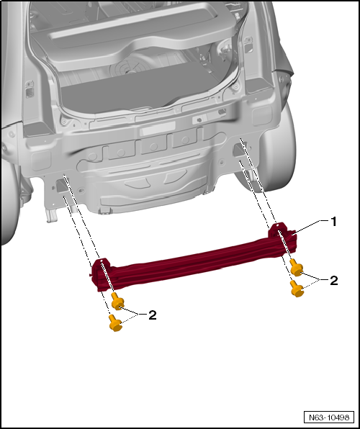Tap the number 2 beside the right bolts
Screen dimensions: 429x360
tap(333, 280)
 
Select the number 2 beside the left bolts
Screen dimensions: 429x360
tap(152, 315)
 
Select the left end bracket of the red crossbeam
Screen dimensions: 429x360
tap(101, 274)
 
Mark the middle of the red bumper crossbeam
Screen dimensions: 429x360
tap(191, 256)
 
